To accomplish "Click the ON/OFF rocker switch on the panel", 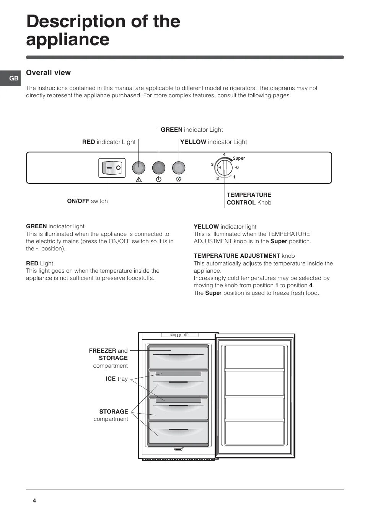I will [x=112, y=168].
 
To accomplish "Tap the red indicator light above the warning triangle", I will [x=139, y=168].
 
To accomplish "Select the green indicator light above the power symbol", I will [x=159, y=168].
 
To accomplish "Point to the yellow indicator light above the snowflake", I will [x=178, y=168].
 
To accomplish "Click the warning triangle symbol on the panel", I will [x=139, y=179].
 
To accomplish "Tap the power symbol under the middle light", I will [x=159, y=179].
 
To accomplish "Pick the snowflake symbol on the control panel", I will [x=178, y=179].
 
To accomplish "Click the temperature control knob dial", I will [x=224, y=168].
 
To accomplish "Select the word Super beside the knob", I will [x=239, y=158].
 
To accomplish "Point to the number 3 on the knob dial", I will [x=212, y=164].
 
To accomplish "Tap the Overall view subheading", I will [x=48, y=73].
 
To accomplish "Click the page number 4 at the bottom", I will [x=34, y=501].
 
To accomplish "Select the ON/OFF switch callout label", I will [x=87, y=201].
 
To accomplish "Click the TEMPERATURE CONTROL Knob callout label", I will [x=249, y=199].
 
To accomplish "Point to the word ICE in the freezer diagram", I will [x=111, y=379].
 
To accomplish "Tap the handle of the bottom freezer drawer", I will [x=178, y=430].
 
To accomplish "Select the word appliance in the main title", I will [x=68, y=39].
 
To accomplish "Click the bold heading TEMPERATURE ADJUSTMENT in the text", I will [x=237, y=256].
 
